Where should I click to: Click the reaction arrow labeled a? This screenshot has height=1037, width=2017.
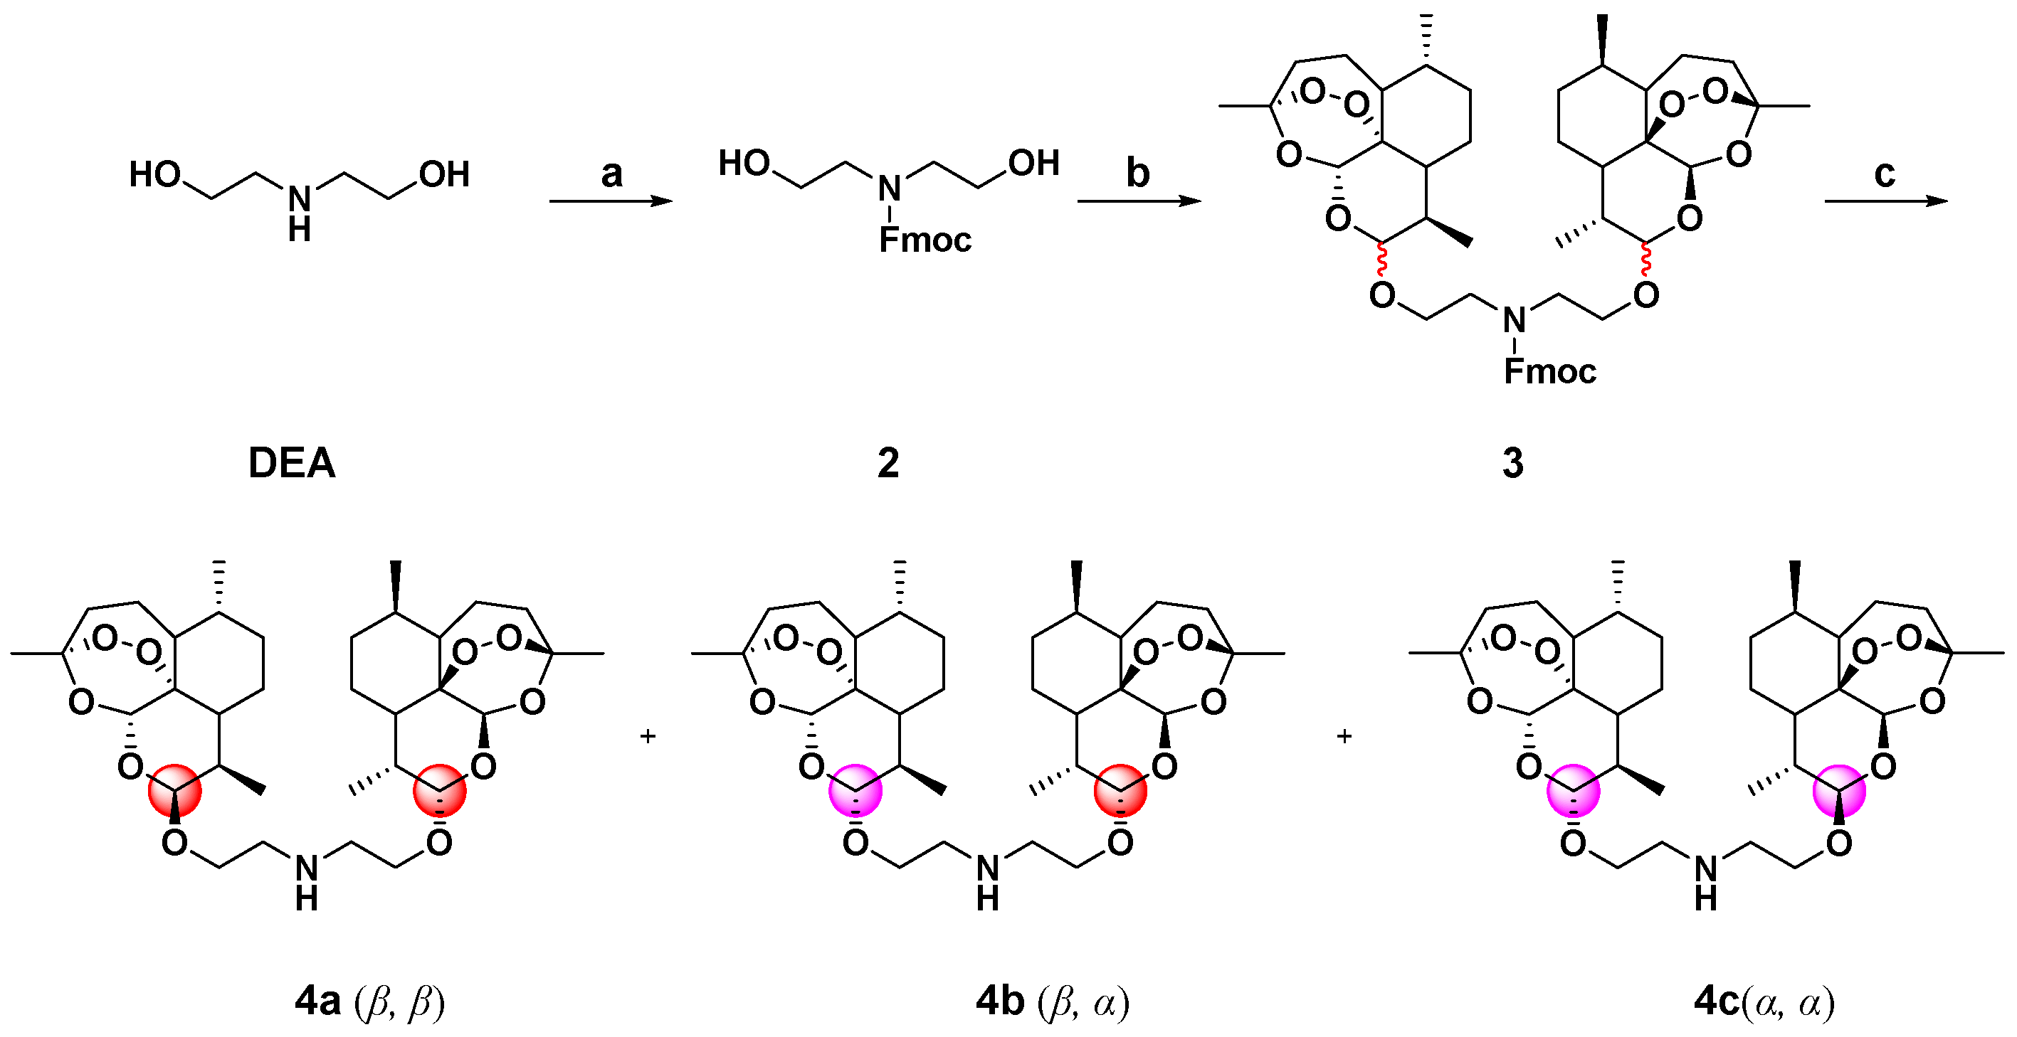click(611, 201)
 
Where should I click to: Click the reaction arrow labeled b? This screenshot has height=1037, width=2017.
click(1139, 201)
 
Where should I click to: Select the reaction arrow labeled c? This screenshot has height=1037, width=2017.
click(1885, 201)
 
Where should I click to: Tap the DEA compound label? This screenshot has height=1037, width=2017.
click(291, 462)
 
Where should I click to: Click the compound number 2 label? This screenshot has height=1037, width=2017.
click(888, 462)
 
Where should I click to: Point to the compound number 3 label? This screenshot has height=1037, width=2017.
click(1513, 462)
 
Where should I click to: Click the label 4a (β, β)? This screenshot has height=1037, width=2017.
click(369, 1001)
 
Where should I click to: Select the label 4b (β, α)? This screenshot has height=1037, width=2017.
click(1053, 1001)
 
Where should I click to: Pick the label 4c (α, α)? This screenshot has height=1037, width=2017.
click(1765, 1001)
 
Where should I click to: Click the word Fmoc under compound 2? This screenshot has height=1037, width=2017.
click(925, 240)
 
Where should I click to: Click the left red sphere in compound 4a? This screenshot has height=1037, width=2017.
click(174, 791)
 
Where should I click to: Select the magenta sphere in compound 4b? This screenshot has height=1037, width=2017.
click(855, 791)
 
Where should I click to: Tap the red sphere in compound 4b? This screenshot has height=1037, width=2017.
click(1120, 791)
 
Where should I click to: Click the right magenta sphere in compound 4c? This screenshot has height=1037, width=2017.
click(1839, 791)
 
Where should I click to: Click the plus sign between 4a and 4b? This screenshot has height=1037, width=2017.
click(648, 736)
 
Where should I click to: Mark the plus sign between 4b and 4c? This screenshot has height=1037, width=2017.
click(1344, 736)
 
